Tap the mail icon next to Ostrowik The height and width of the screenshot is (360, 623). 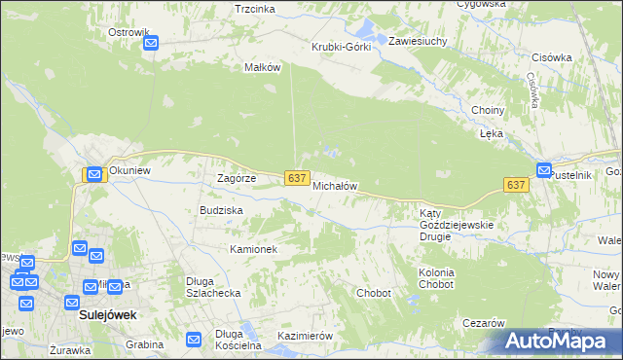pos(152,43)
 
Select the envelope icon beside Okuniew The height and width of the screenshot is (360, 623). pos(94,174)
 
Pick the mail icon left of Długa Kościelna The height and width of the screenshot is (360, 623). pos(194,340)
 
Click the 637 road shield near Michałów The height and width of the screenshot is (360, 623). pos(298,179)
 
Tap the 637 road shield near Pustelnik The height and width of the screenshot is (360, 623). pos(516,184)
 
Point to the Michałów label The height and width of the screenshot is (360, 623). pos(336,186)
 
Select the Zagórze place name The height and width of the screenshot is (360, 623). pos(236,179)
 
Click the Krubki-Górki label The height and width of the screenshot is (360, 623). pos(341,47)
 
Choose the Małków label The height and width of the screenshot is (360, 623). pos(263,67)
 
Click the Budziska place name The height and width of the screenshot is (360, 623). pos(221,210)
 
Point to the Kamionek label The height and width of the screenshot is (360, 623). pos(254,249)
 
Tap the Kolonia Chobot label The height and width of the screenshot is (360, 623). pos(436,279)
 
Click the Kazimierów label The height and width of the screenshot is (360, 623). pos(306,336)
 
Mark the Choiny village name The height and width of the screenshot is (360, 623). pos(487,110)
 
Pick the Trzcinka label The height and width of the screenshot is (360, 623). pos(255,9)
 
